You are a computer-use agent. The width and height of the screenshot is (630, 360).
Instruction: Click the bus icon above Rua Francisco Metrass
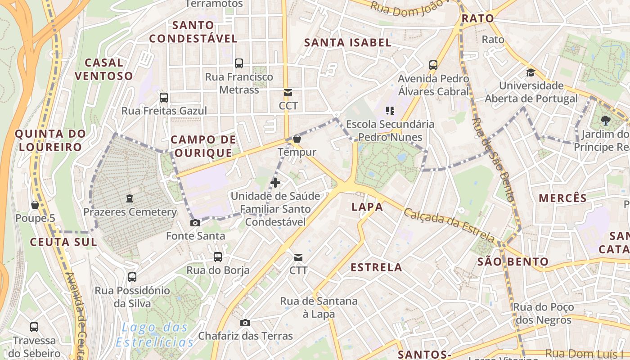(239, 63)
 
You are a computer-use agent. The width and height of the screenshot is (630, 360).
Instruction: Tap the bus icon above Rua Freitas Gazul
(164, 97)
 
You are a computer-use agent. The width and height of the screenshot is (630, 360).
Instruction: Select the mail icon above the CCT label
(288, 93)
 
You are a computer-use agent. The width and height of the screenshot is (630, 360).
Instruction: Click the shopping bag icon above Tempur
(297, 139)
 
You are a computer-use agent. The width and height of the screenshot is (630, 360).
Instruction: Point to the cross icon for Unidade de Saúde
(275, 183)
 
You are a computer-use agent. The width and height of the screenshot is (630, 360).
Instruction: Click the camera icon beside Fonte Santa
(195, 223)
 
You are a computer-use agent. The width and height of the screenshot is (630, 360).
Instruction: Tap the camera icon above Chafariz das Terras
(245, 323)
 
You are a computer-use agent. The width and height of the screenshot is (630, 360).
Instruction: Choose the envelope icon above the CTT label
(298, 257)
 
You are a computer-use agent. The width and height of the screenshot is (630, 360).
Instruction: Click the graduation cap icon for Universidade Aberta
(531, 72)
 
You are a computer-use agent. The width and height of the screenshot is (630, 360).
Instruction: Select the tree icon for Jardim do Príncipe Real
(606, 120)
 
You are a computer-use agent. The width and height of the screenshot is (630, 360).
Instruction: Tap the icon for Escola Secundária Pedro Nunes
(390, 110)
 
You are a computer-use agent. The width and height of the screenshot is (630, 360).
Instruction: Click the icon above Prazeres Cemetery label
(130, 198)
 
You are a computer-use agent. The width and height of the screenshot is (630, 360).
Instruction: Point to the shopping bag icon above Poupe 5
(35, 205)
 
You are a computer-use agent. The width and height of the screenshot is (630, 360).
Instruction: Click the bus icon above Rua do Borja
(218, 257)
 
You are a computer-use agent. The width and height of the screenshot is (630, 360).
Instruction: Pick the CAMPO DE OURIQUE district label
(203, 146)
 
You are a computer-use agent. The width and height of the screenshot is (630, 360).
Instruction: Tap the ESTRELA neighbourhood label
(376, 267)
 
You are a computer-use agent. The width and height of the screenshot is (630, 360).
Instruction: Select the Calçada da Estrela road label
(449, 225)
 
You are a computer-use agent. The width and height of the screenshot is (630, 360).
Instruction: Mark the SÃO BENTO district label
(513, 261)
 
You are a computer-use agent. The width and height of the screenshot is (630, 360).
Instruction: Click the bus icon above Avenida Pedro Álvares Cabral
(433, 65)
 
